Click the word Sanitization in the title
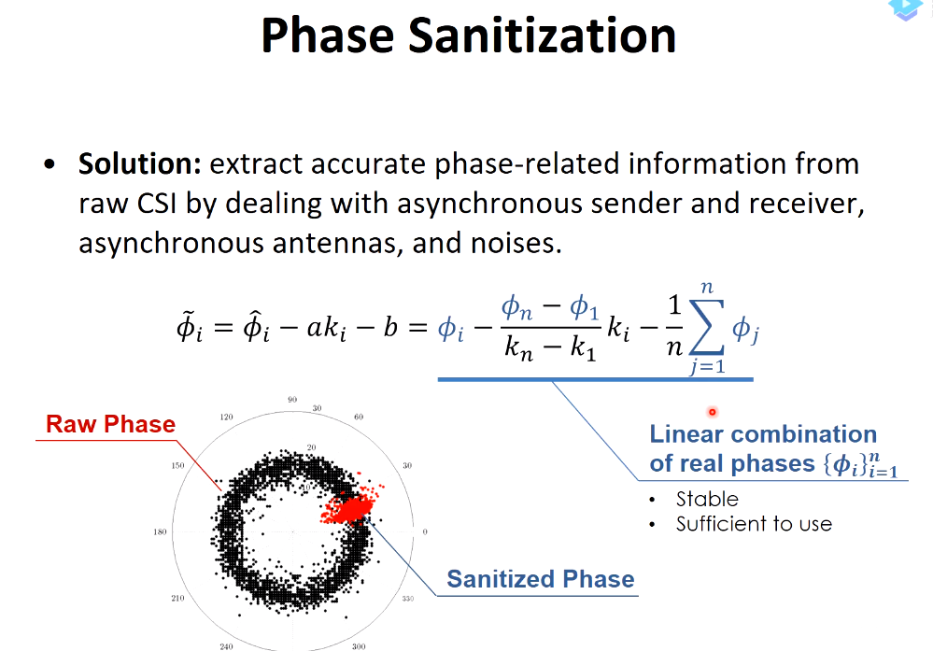(x=542, y=35)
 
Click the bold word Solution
(x=140, y=163)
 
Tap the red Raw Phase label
(x=111, y=424)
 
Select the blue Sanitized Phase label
(x=541, y=579)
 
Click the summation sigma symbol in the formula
(x=706, y=327)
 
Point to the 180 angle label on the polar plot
(x=160, y=531)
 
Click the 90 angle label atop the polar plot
(x=292, y=400)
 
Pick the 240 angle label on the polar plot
(x=226, y=646)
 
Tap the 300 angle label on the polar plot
(x=359, y=646)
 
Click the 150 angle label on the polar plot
(x=177, y=465)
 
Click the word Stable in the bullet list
(x=707, y=499)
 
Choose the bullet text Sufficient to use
(x=754, y=524)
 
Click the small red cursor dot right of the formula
(x=713, y=412)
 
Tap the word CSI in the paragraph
(x=157, y=204)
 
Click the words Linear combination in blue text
(x=763, y=433)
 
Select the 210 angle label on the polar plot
(x=177, y=598)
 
